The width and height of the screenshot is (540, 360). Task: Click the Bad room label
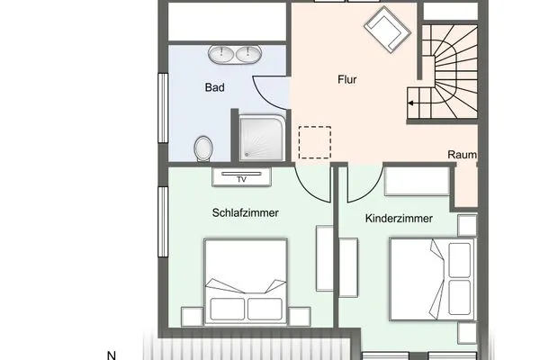(x=214, y=89)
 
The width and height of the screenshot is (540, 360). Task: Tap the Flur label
(x=346, y=80)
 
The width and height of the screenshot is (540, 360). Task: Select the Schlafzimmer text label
(x=245, y=213)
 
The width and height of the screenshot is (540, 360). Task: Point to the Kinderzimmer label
(x=400, y=219)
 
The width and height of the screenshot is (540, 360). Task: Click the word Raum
(x=462, y=155)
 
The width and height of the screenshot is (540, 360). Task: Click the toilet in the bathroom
(x=204, y=147)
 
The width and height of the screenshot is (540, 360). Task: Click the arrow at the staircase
(x=411, y=103)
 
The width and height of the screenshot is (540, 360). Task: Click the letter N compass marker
(x=112, y=355)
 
